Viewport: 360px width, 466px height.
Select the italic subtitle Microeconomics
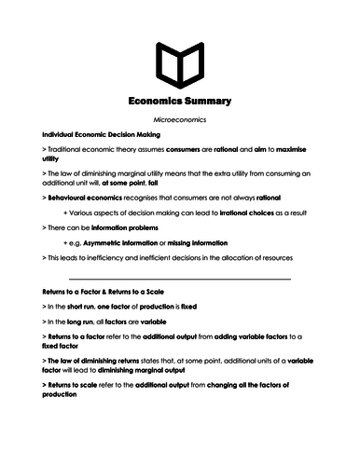coord(180,121)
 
